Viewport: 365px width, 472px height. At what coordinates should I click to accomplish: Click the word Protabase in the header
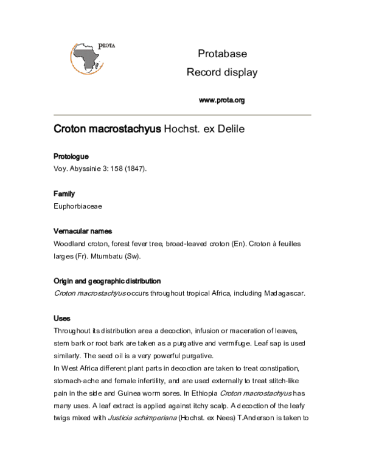coord(221,54)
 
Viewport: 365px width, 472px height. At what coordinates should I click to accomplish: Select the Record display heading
coord(221,72)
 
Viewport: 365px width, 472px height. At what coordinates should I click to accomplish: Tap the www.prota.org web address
coord(221,100)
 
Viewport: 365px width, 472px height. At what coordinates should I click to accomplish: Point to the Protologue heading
coord(72,156)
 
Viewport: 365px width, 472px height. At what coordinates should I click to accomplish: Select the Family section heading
coord(64,193)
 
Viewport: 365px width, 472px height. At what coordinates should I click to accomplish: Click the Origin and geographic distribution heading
coord(107,281)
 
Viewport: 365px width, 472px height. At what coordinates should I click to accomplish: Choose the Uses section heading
coord(62,319)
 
